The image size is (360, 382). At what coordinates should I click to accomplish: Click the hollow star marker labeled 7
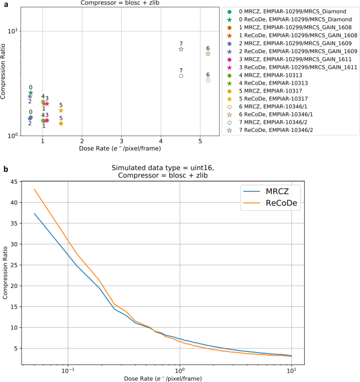(181, 49)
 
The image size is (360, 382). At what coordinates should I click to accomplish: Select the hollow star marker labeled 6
(208, 54)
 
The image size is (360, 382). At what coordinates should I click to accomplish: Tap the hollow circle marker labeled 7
(181, 76)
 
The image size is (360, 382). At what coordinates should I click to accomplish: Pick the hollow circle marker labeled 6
(208, 80)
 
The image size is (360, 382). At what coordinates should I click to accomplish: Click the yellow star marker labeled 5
(61, 110)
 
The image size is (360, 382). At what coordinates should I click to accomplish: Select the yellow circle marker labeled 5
(61, 123)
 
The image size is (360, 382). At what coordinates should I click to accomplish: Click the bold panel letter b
(5, 169)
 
